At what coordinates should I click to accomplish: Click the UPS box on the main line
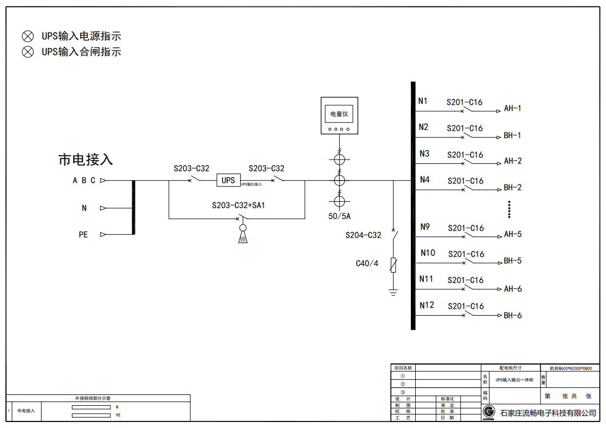228,180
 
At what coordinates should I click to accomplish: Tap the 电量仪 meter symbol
339,115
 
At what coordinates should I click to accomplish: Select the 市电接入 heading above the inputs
86,160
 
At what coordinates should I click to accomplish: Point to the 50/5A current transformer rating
340,216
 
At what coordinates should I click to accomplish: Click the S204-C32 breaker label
363,235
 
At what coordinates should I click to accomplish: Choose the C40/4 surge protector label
367,264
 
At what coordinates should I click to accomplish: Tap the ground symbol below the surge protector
394,293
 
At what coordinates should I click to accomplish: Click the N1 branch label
423,101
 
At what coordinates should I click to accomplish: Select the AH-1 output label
512,108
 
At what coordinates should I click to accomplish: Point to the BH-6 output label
512,315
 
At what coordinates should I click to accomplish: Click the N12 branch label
427,305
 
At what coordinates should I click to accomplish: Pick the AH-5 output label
512,234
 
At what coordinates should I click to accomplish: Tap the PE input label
83,235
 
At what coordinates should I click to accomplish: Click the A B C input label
84,181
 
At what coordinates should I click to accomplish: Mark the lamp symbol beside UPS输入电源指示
27,36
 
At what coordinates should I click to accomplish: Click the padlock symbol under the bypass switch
243,237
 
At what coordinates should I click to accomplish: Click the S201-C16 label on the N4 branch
465,181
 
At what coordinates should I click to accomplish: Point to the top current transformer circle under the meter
339,160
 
